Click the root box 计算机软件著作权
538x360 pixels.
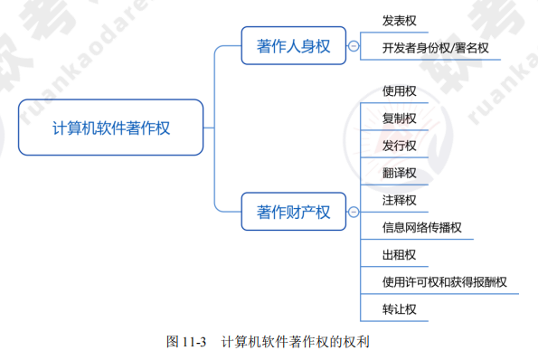111,128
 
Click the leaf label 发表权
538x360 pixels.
400,20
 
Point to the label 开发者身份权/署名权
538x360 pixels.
435,48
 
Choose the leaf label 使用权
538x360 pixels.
400,91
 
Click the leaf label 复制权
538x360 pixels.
400,118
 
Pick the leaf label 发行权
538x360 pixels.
400,146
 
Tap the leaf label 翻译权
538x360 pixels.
400,173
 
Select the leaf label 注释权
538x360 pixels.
400,200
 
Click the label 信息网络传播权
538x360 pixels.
422,227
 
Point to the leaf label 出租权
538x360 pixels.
400,255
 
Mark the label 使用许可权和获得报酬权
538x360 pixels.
445,282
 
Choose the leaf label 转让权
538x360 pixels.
400,309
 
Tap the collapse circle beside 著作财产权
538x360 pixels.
353,213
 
